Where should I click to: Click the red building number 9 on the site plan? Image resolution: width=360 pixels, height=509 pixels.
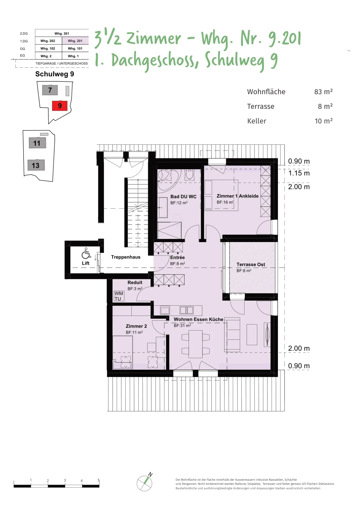(60, 106)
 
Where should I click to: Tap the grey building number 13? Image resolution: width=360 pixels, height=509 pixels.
(36, 165)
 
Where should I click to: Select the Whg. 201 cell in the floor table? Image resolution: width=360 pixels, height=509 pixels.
(75, 41)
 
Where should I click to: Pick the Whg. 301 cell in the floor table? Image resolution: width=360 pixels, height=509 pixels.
(62, 33)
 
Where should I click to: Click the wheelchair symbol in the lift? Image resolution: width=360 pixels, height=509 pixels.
(86, 253)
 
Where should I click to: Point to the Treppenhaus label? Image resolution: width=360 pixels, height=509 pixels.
(126, 257)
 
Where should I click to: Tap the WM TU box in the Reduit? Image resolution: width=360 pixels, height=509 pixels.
(119, 296)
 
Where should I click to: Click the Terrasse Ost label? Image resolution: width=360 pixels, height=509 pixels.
(251, 264)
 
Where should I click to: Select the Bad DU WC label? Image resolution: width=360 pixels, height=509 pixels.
(183, 197)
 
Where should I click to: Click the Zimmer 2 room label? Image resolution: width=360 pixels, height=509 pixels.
(136, 326)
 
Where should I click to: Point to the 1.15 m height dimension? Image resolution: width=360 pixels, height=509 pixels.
(299, 173)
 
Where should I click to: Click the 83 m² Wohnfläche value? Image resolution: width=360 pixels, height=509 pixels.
(323, 92)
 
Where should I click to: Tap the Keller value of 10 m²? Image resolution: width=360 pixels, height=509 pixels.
(324, 121)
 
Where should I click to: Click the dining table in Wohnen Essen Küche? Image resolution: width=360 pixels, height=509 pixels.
(195, 344)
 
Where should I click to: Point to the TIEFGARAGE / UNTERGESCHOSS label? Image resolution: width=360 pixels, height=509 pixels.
(62, 63)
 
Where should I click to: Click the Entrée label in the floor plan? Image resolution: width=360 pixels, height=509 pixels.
(177, 257)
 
